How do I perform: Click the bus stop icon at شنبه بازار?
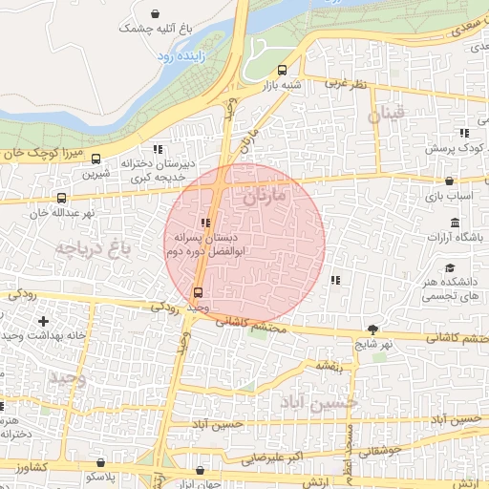click(281, 70)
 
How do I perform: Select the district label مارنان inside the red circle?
click(265, 198)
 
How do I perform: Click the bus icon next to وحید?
click(198, 292)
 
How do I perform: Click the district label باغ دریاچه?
click(91, 250)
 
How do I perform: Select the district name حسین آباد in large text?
click(319, 403)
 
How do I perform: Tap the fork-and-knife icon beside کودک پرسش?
click(463, 133)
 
